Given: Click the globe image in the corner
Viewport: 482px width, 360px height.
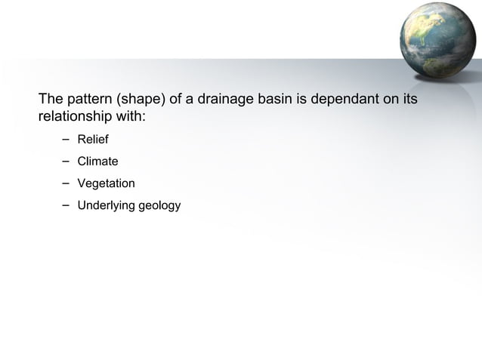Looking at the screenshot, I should coord(444,41).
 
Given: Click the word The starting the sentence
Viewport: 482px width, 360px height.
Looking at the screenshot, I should coord(51,100).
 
